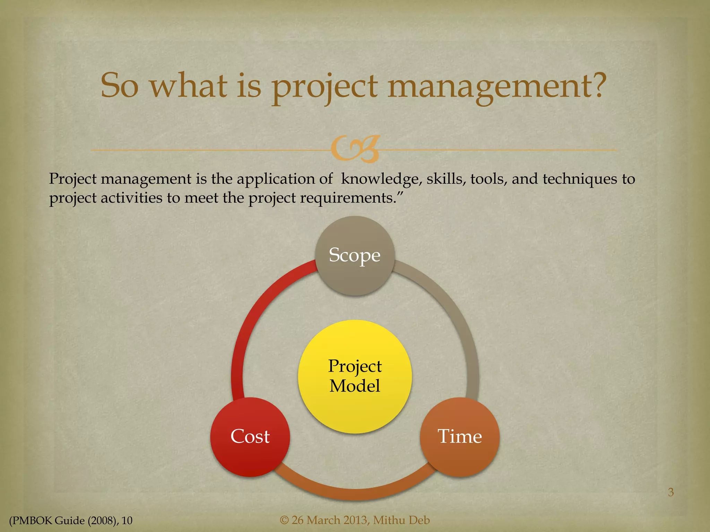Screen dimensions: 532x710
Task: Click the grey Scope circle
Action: coord(355,256)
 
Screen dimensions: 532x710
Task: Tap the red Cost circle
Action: coord(250,437)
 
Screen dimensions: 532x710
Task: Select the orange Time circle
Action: coord(460,437)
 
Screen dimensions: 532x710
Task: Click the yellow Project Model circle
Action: coord(355,376)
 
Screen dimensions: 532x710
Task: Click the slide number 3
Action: coord(671,492)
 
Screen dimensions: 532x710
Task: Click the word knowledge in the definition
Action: coord(381,179)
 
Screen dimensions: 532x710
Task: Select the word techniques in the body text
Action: coord(580,179)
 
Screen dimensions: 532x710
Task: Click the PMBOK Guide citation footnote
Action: coord(71,520)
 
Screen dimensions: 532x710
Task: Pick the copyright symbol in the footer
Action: coord(284,520)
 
